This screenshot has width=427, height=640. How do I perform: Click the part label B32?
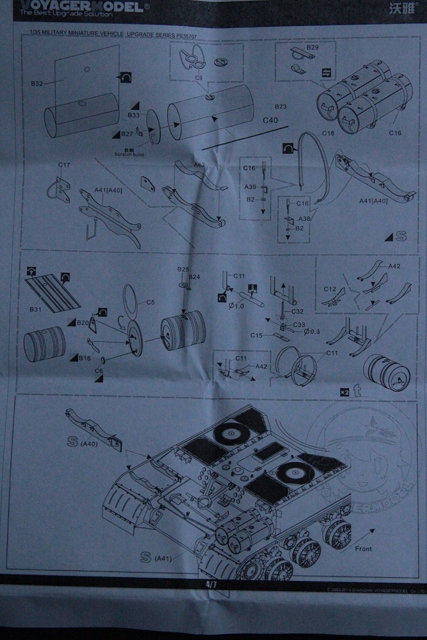tap(36, 84)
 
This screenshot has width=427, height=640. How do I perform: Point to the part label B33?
tap(134, 115)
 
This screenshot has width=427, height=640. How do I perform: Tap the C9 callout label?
tap(198, 77)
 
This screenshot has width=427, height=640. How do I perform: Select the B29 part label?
tap(312, 48)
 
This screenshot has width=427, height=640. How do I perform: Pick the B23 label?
tap(281, 106)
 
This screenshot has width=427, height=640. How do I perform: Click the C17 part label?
tap(64, 166)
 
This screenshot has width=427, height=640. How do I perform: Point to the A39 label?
tap(250, 187)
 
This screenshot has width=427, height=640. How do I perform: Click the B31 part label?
tap(36, 309)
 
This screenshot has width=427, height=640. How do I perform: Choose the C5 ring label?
tap(150, 301)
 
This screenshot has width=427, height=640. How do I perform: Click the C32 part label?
tap(298, 311)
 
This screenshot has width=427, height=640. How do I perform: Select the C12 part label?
tap(330, 288)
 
